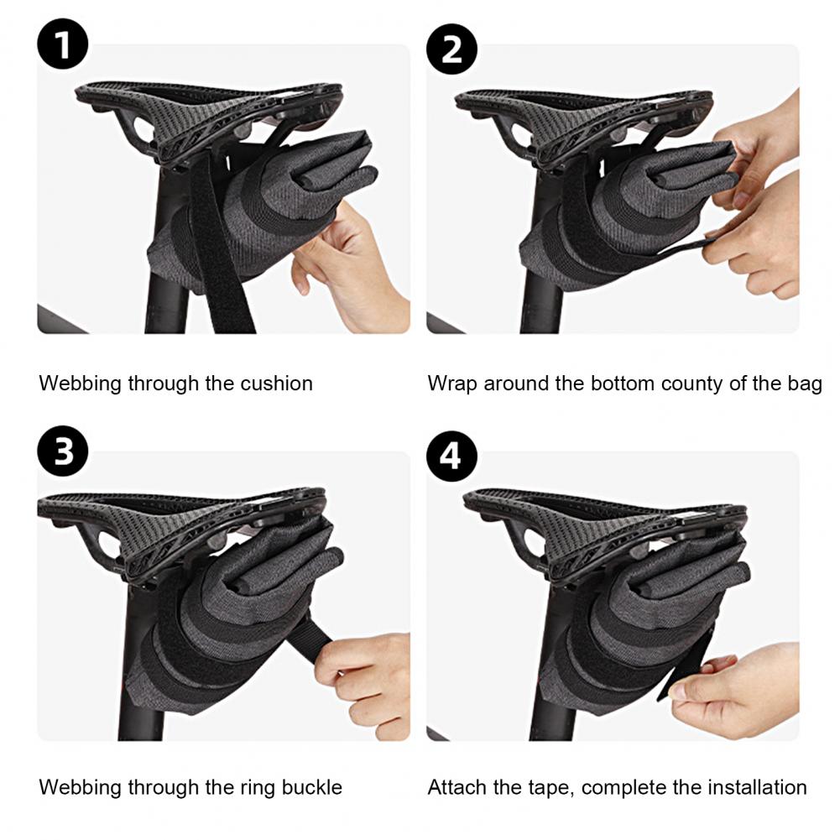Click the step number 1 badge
click(x=63, y=44)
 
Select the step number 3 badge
click(x=63, y=451)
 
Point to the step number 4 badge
click(x=451, y=456)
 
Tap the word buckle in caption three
click(x=312, y=787)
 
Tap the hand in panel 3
click(x=361, y=681)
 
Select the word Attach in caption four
click(x=457, y=787)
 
